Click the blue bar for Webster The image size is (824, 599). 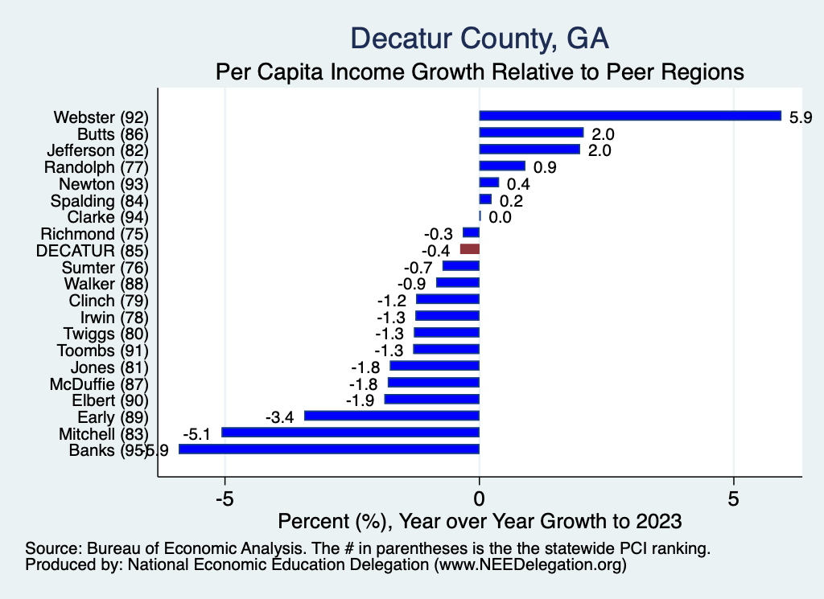630,116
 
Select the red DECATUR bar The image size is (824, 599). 470,250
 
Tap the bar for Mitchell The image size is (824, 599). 350,433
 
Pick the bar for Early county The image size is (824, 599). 392,416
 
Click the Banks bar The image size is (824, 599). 329,449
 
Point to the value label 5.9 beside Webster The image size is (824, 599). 801,117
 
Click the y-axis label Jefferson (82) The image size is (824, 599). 98,150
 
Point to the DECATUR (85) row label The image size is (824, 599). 93,250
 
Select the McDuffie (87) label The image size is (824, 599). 99,384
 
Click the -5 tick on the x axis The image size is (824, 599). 225,498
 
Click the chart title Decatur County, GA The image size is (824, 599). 480,39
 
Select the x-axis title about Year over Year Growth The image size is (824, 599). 479,521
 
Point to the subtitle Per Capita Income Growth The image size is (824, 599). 479,72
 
